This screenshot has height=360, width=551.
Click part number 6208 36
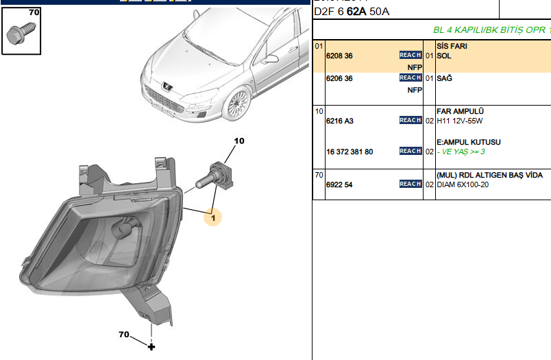[339, 56]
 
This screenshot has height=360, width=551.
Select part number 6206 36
[339, 78]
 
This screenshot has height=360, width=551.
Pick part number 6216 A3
[339, 121]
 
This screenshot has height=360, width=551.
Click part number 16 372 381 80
[350, 152]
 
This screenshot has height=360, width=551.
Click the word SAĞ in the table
[444, 78]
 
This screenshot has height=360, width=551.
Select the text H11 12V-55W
[461, 121]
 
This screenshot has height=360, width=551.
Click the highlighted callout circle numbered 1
[212, 217]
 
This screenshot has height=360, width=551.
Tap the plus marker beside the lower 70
[151, 347]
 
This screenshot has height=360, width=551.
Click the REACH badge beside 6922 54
[411, 184]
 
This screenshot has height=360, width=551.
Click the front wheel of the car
[237, 103]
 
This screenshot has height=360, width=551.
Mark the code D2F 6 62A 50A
[353, 12]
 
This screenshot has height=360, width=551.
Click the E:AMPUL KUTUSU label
[468, 142]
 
